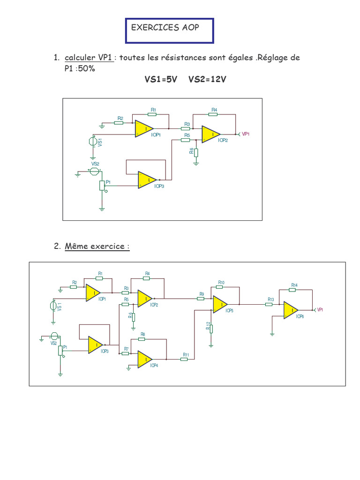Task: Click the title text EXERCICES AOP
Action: tap(165, 28)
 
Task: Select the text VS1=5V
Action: tap(161, 80)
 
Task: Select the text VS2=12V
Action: tap(207, 80)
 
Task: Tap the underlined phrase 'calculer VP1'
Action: tap(89, 58)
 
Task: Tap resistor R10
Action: tap(221, 287)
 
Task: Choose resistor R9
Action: tap(202, 298)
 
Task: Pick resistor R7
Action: tap(126, 353)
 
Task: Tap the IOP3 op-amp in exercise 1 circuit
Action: tap(147, 180)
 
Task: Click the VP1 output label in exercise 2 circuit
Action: tap(320, 310)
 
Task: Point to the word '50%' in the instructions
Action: tap(85, 69)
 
